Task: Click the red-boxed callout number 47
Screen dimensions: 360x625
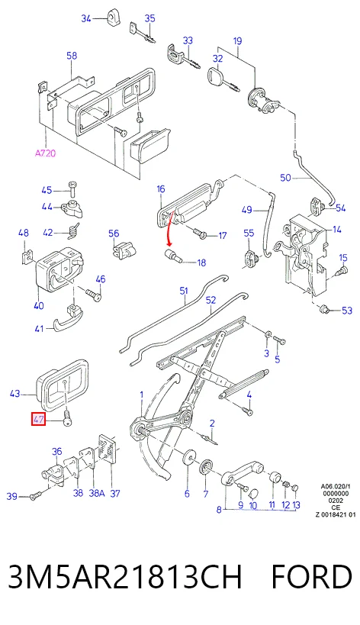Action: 39,419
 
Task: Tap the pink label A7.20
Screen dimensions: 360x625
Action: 45,153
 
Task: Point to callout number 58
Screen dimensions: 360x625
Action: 72,56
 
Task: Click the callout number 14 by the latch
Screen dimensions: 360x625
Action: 337,229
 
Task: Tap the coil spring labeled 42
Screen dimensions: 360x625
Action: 72,231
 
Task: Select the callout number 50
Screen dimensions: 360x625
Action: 285,177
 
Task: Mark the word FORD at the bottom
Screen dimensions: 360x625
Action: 311,577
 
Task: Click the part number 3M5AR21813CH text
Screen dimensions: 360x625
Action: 125,577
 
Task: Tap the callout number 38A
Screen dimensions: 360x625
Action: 96,493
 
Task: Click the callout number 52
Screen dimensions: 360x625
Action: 211,300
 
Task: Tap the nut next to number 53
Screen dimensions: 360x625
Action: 325,308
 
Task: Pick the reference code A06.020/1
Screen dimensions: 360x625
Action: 336,487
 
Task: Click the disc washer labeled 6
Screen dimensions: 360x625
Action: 188,458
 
